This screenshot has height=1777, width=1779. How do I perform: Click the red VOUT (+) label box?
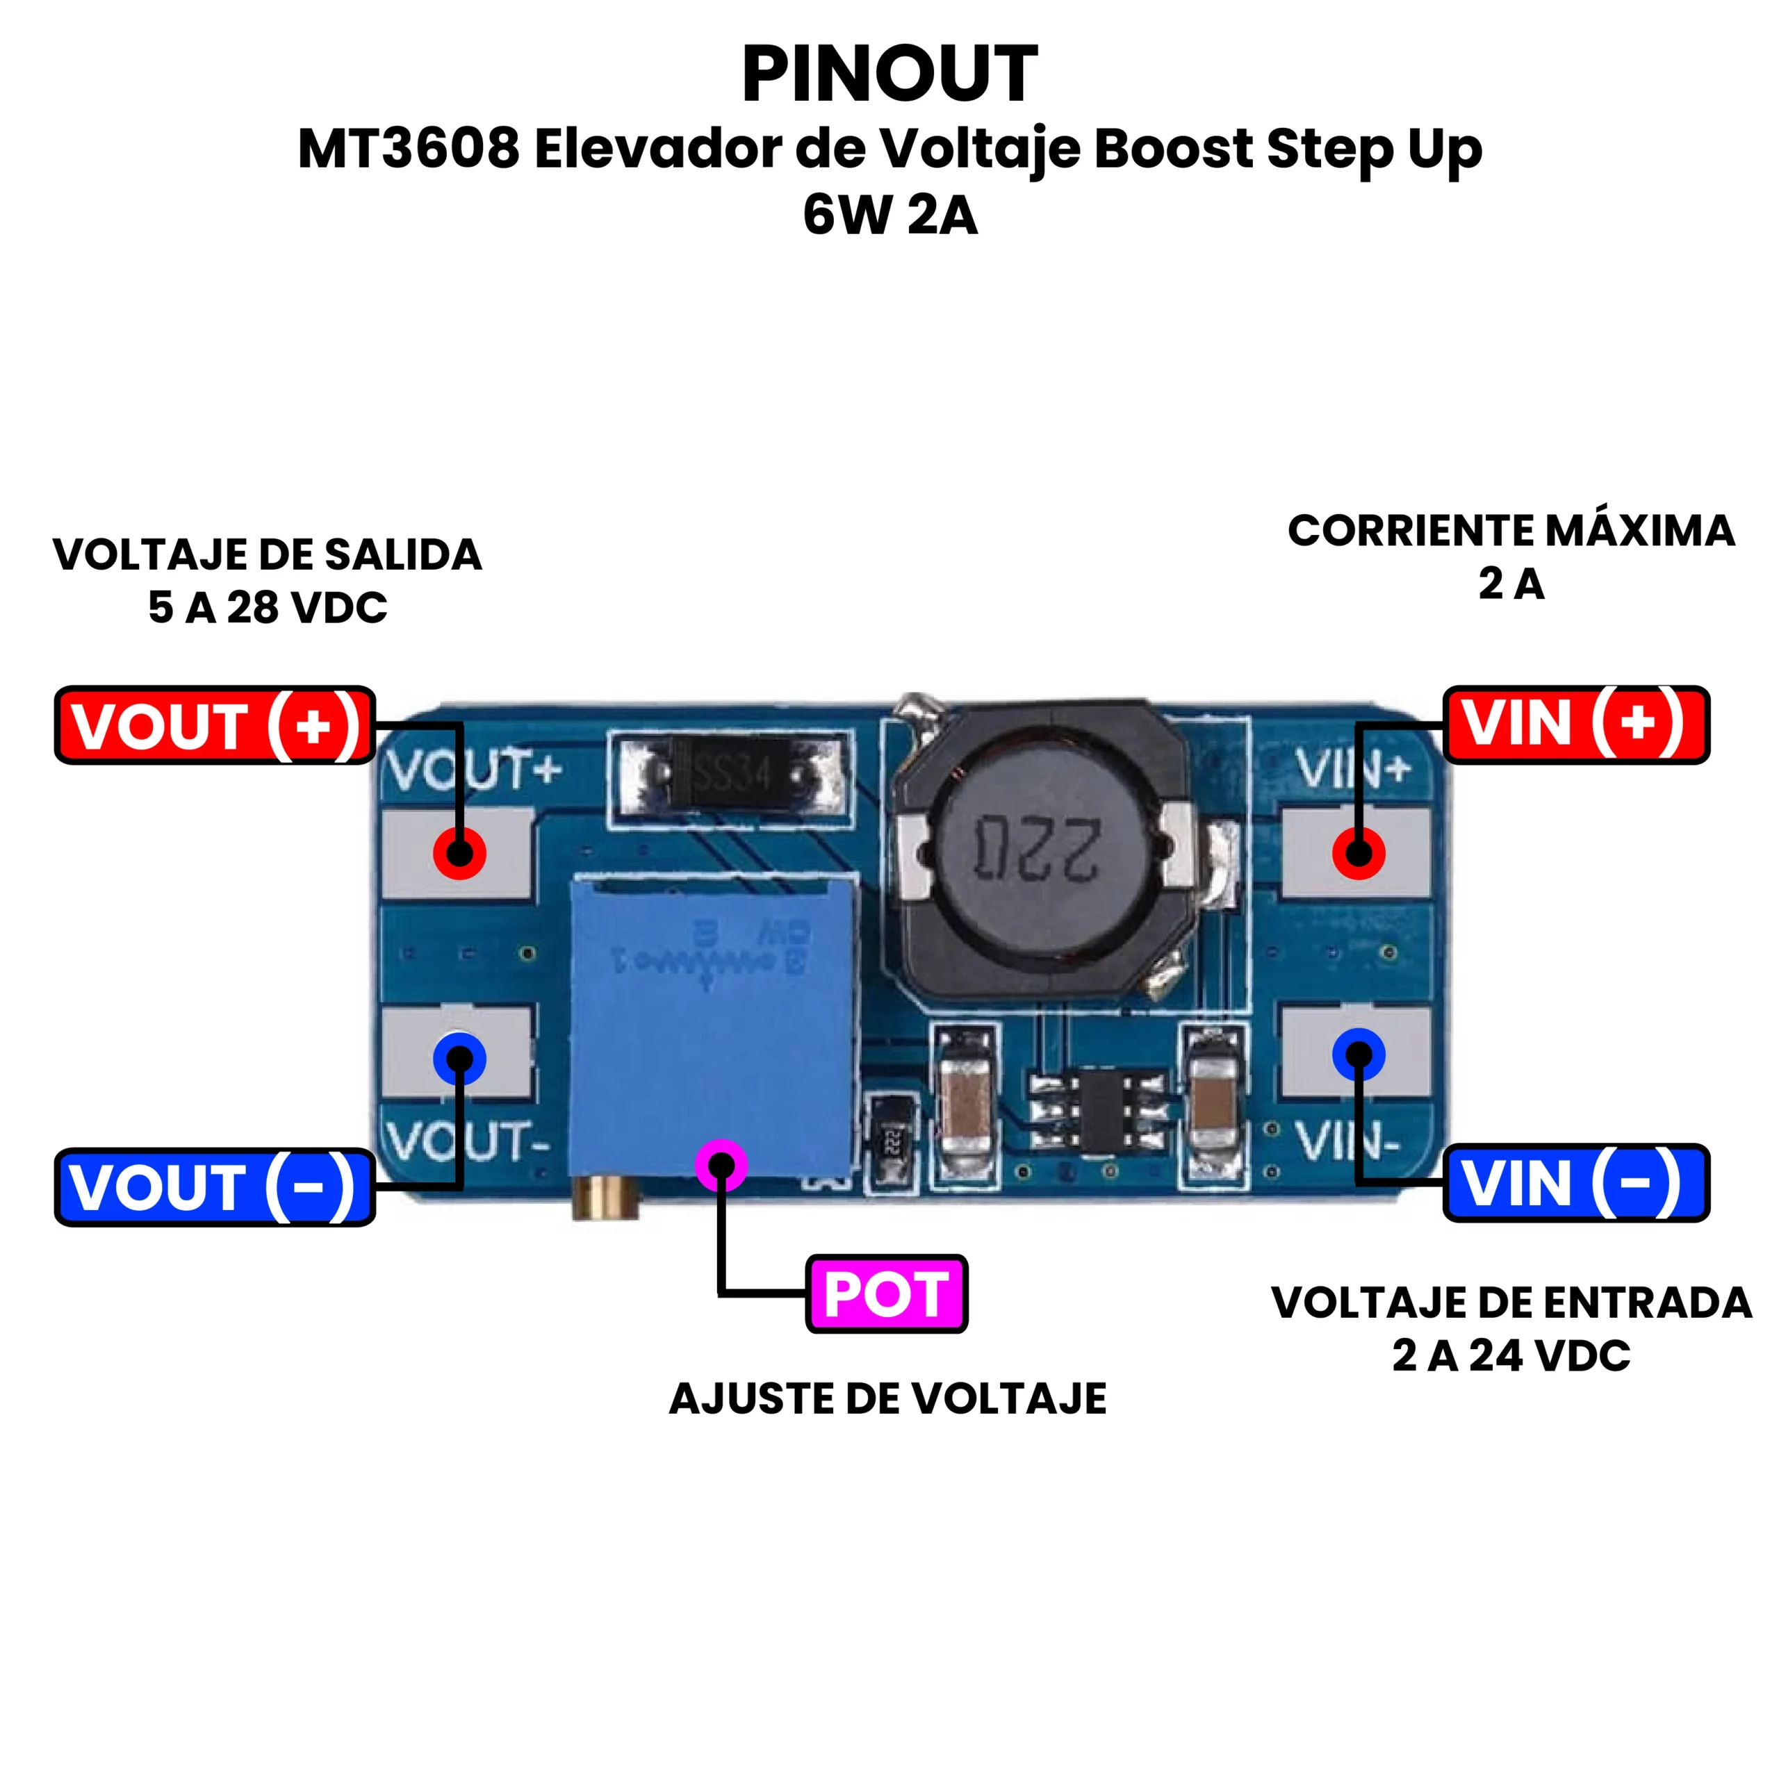215,725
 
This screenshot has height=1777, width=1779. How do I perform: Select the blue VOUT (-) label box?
215,1187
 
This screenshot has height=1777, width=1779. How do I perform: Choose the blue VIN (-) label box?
1575,1183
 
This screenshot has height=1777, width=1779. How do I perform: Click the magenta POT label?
886,1294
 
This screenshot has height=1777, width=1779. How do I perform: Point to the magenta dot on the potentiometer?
721,1166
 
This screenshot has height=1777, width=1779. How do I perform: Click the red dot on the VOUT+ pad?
459,852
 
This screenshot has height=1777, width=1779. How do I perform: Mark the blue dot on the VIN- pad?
1358,1055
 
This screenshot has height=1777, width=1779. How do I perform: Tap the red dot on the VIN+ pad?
1358,852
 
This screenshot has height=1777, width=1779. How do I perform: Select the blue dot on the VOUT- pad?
459,1058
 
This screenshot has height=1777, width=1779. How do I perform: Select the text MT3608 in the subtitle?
409,148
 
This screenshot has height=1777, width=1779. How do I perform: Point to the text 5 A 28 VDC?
268,608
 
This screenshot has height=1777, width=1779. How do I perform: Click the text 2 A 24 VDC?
1511,1355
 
